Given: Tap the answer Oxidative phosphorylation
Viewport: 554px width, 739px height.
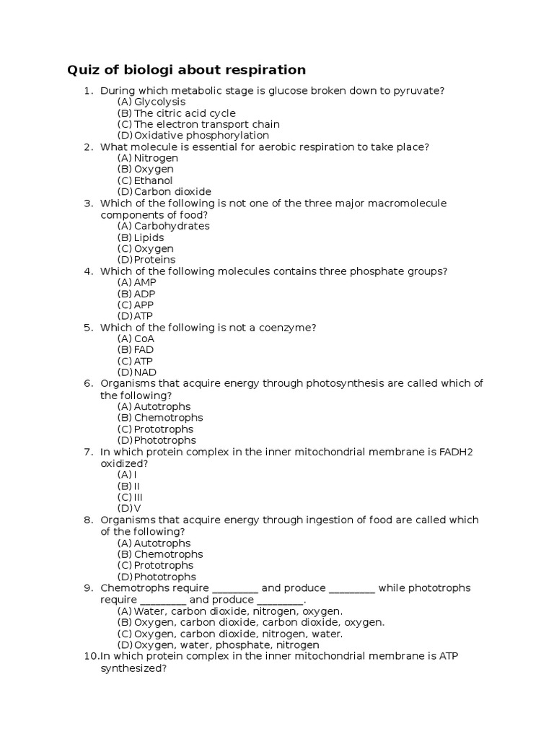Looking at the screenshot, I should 201,136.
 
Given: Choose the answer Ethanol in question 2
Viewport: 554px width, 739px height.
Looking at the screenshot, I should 153,180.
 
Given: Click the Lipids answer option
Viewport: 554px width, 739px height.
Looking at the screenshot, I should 149,237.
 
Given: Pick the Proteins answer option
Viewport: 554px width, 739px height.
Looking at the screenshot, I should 154,260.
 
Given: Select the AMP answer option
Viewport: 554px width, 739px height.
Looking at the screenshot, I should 145,282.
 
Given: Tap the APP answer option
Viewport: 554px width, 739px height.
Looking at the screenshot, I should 144,305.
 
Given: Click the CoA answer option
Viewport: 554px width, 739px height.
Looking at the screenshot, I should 144,338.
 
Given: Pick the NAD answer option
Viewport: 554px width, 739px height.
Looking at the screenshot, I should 145,372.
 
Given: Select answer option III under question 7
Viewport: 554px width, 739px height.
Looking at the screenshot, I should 138,497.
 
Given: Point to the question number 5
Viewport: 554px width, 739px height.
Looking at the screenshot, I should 89,328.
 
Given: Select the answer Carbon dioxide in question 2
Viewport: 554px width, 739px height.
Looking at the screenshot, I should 172,192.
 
